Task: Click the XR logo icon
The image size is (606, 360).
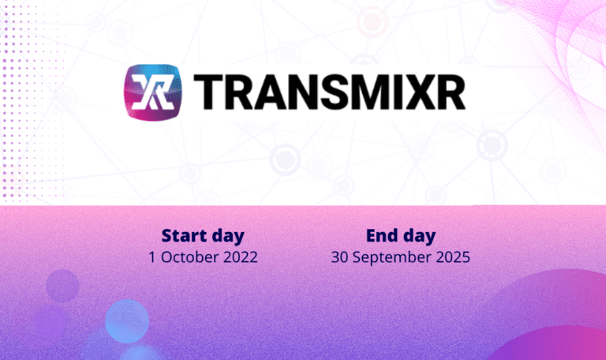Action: click(153, 92)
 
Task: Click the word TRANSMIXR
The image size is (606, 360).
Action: click(329, 93)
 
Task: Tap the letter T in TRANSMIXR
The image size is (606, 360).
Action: click(208, 93)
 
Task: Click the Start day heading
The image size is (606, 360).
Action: click(203, 235)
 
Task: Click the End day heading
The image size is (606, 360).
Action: click(401, 235)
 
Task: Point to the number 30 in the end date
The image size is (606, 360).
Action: click(339, 257)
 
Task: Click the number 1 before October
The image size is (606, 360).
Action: click(152, 257)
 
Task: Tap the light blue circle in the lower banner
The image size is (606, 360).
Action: click(127, 321)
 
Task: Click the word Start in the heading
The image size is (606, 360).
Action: click(184, 235)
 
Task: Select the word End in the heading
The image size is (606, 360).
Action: click(382, 235)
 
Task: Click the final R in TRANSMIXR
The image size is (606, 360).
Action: click(450, 93)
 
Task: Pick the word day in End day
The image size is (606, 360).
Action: click(419, 236)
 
